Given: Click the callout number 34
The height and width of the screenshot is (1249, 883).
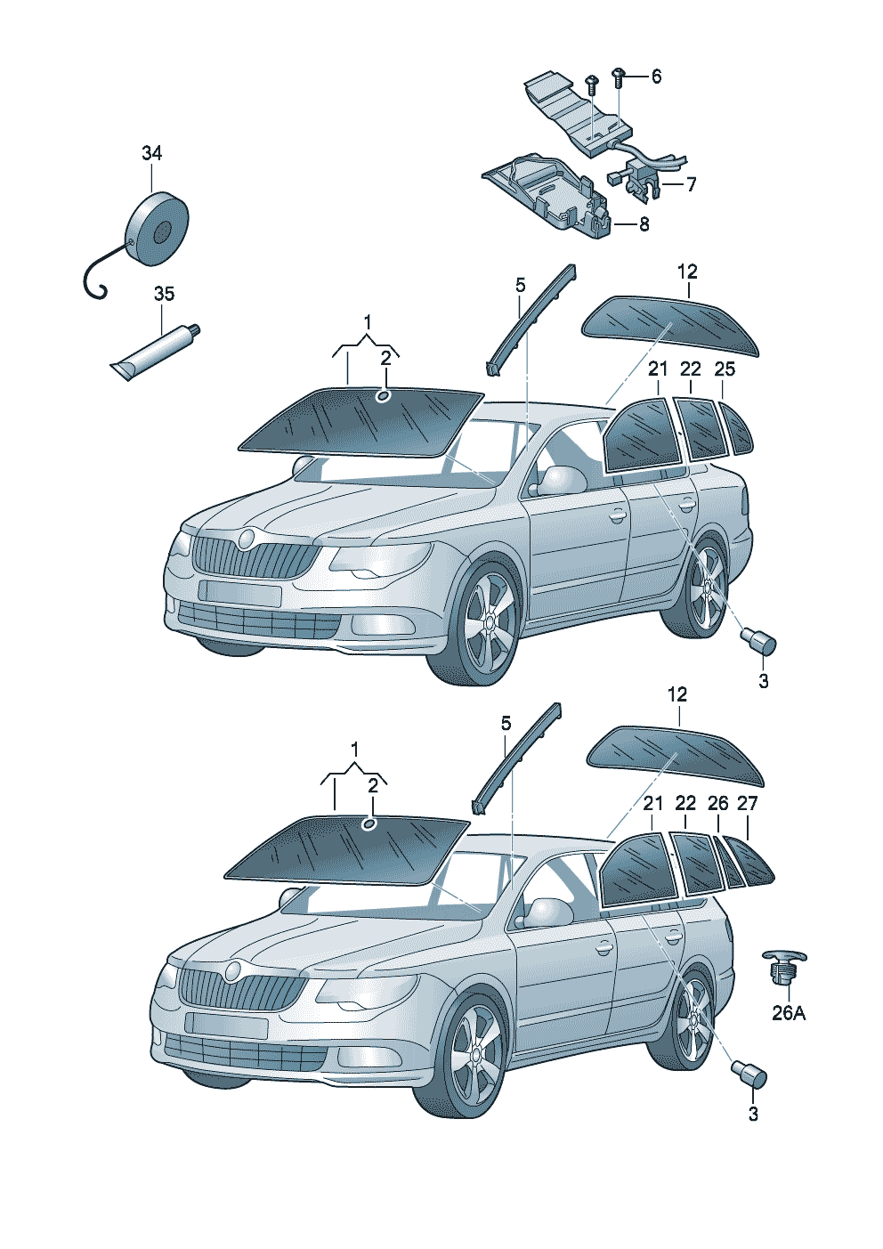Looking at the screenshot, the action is (x=152, y=153).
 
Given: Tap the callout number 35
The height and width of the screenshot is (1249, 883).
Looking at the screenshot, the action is (x=164, y=294).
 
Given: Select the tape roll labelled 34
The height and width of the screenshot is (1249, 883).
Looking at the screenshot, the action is (x=157, y=229).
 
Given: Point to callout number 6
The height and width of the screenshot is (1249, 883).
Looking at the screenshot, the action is (x=656, y=77).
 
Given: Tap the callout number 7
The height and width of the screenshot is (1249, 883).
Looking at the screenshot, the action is (x=691, y=184).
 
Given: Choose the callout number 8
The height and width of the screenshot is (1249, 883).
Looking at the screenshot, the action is (x=644, y=224).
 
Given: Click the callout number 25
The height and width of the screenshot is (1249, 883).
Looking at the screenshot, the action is (x=725, y=369).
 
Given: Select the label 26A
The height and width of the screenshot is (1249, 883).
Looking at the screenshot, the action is (x=788, y=1013).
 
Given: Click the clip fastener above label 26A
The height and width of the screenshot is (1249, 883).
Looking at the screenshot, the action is (x=783, y=966).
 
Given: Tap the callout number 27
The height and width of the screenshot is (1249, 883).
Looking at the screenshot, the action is (x=748, y=803).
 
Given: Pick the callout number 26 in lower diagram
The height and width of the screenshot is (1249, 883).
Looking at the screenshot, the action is (x=717, y=803).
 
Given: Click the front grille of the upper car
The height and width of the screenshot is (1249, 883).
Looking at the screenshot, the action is (x=254, y=558).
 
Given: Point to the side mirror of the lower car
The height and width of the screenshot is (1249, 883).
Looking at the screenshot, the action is (x=549, y=912).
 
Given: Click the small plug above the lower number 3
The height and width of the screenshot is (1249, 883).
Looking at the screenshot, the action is (x=749, y=1074).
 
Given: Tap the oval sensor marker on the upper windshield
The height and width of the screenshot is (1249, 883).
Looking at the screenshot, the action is (x=384, y=395).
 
